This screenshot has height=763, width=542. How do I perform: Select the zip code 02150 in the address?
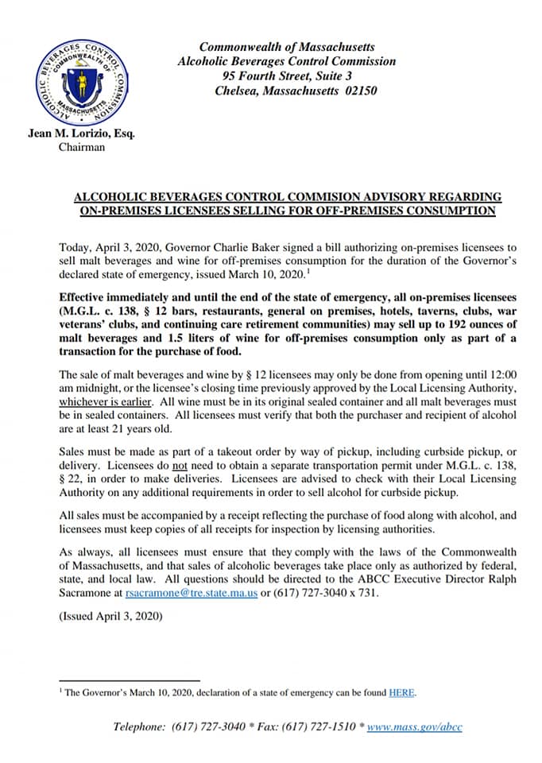pos(359,91)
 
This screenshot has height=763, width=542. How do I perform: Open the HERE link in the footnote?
pos(401,692)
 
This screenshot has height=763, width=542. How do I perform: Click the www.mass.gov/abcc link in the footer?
pos(414,726)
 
